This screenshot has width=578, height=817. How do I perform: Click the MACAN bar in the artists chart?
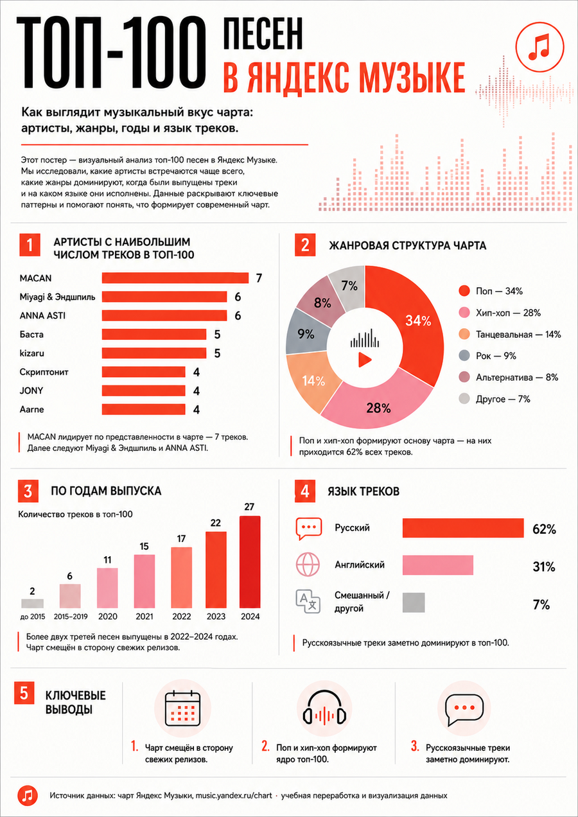tap(175, 278)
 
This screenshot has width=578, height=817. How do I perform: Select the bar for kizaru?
tap(154, 353)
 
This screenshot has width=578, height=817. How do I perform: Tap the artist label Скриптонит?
tap(44, 372)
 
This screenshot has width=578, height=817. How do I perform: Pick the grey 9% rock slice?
tap(306, 333)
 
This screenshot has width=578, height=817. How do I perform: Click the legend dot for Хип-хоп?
tap(464, 313)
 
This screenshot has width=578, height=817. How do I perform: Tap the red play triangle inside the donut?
tap(365, 360)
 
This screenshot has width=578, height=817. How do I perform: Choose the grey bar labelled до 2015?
tap(33, 603)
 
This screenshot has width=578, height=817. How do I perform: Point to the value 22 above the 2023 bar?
tap(216, 523)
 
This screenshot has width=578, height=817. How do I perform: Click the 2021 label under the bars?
tap(144, 617)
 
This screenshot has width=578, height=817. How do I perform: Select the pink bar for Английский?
tap(437, 565)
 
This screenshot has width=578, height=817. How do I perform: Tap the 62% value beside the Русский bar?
tap(544, 529)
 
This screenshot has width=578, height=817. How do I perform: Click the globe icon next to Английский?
tap(308, 565)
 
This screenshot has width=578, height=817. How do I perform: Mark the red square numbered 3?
tap(28, 491)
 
